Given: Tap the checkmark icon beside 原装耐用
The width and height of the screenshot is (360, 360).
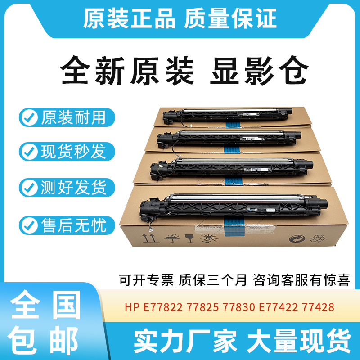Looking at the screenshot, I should click(x=30, y=118).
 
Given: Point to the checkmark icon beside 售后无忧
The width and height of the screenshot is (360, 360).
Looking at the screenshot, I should click(x=30, y=224).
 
